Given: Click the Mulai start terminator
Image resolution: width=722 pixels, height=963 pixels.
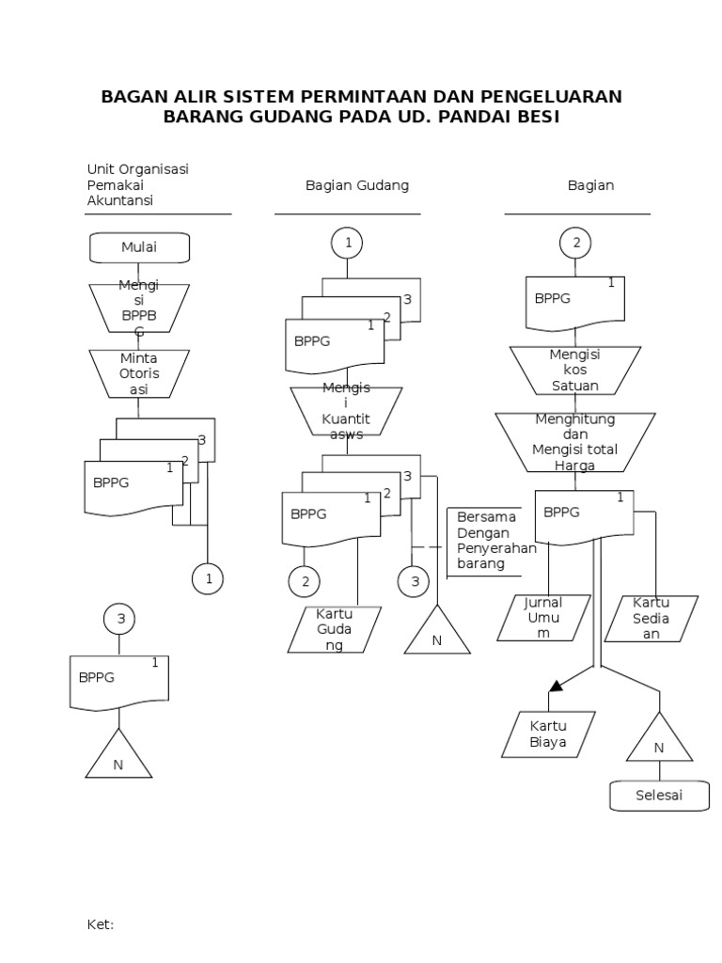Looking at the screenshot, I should (x=139, y=247).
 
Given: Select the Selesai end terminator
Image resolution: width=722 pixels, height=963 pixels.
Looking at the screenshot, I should (x=658, y=796).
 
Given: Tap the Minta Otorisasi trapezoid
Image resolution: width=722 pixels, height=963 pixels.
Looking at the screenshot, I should (x=139, y=373).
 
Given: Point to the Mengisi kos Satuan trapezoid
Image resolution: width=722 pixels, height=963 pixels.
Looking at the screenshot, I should (x=574, y=370).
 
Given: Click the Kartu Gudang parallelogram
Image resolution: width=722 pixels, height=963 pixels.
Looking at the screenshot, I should (x=334, y=629).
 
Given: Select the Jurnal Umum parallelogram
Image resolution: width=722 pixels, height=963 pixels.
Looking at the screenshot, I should (x=550, y=618).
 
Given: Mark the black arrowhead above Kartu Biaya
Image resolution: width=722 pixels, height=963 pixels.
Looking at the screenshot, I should (x=556, y=686).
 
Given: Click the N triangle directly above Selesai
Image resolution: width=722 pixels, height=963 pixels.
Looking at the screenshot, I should (x=659, y=741).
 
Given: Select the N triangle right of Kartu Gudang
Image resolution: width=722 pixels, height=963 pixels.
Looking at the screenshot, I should (x=437, y=634).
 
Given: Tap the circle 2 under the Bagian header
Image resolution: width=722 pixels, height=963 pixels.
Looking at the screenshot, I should (x=575, y=243).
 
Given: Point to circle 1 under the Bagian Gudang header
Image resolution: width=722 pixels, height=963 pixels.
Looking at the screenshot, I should (x=348, y=243).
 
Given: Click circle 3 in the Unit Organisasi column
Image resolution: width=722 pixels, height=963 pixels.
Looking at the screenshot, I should (x=119, y=619).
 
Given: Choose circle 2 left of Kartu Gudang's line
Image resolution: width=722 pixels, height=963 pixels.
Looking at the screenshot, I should (x=305, y=582).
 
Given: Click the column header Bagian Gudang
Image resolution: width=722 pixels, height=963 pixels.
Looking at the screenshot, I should (x=357, y=185).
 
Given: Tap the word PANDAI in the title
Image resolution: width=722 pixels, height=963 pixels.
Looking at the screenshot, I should (x=463, y=118).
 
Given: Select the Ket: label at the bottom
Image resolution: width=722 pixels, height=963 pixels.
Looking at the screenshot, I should (x=100, y=924).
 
